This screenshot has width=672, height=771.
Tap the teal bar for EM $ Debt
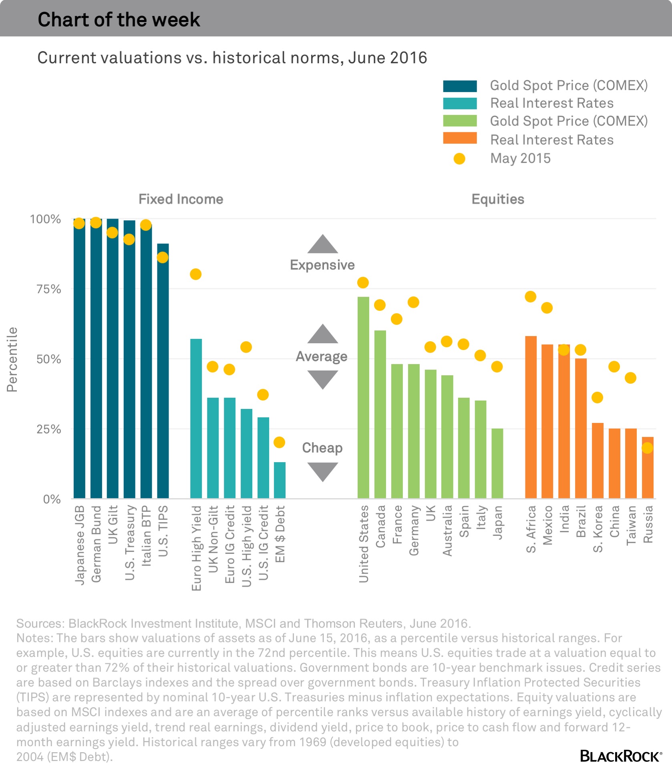pos(280,481)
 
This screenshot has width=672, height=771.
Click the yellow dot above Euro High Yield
pos(195,274)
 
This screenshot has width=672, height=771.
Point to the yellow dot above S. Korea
pos(597,398)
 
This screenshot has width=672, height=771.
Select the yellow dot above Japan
pos(497,366)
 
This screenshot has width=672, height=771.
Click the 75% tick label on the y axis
pos(49,289)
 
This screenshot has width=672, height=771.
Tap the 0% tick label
pos(52,499)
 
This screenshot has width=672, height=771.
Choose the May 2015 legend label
pos(520,159)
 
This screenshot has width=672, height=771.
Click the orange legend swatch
pos(460,138)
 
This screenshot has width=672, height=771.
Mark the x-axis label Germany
pos(414,530)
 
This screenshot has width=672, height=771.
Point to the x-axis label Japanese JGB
pos(80,545)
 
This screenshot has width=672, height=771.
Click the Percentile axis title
pos(12,359)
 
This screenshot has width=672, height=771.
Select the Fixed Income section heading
pos(181,199)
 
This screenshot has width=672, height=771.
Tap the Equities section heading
pos(498,199)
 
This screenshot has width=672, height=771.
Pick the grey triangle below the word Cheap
pos(323,471)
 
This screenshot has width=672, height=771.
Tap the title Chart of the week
pos(119,19)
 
